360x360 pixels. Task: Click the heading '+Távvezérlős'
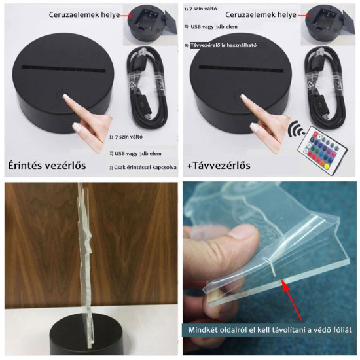tap(220, 165)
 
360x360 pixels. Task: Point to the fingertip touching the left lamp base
tap(66, 99)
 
